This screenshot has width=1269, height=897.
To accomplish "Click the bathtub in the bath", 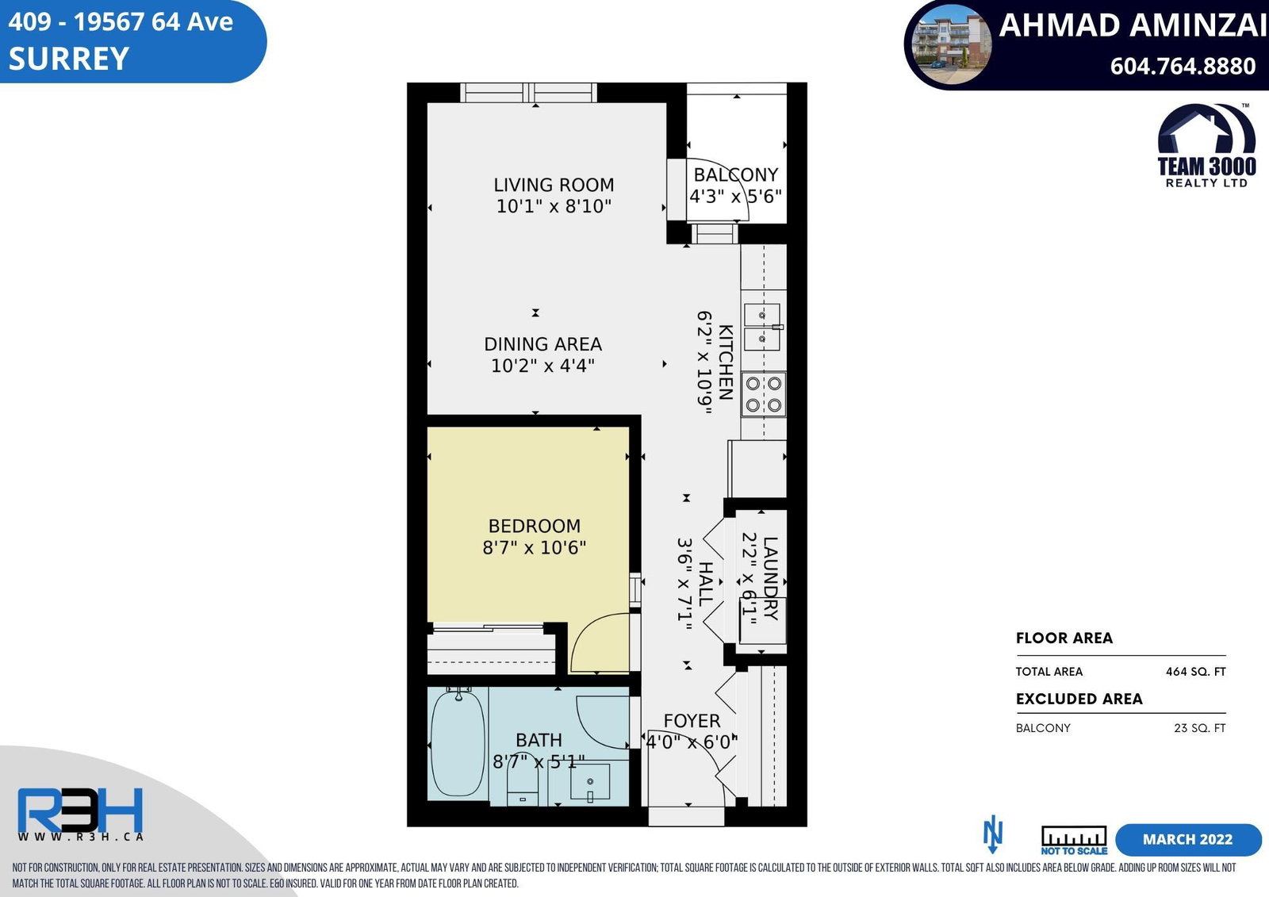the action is (x=458, y=743).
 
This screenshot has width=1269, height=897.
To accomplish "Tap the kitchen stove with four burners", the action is (x=763, y=394).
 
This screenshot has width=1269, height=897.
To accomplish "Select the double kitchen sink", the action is (x=762, y=327).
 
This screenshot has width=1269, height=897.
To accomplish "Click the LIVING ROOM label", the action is (x=554, y=185).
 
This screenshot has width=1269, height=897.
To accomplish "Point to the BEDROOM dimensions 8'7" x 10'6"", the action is (x=534, y=547).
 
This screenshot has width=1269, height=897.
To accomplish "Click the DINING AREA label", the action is (x=542, y=344).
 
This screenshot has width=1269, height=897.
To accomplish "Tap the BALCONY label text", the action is (x=736, y=174).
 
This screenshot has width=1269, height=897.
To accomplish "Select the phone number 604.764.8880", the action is (x=1183, y=67).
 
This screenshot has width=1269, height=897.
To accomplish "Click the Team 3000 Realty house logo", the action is (x=1206, y=145).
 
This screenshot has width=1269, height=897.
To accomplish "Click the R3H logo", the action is (x=80, y=811).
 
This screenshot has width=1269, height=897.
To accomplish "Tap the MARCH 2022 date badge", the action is (x=1188, y=839).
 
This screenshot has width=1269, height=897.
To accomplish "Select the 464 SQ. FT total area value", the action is (x=1195, y=672).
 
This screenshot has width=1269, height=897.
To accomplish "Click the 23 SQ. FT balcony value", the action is (x=1199, y=728).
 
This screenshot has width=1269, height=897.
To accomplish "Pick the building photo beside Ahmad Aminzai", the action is (x=951, y=44).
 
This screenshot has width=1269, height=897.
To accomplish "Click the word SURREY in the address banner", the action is (x=69, y=59).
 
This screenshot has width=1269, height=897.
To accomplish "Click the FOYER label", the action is (x=692, y=721).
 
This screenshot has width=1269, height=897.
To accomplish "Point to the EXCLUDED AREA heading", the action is (x=1079, y=699).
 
